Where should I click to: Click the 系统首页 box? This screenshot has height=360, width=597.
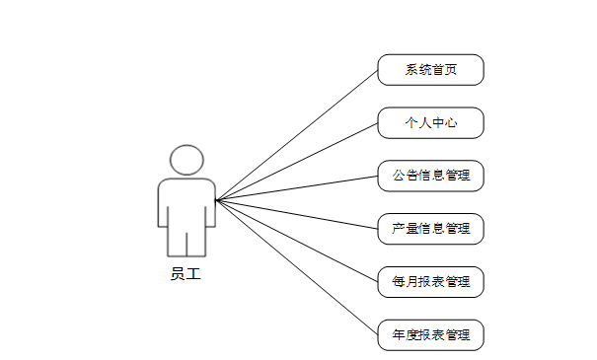tap(430, 70)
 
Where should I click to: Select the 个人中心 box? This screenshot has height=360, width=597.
tap(430, 123)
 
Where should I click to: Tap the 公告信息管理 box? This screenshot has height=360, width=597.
tap(430, 176)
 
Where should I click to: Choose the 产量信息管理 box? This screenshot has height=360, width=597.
tap(430, 229)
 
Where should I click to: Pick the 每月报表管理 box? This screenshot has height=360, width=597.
tap(430, 282)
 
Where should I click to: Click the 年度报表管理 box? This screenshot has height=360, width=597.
tap(430, 335)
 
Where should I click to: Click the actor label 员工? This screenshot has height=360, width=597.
tap(186, 274)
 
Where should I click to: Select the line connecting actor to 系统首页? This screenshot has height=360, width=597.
tap(297, 135)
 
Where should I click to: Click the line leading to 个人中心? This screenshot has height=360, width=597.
tap(297, 162)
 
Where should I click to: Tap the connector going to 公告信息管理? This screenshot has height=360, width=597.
tap(297, 188)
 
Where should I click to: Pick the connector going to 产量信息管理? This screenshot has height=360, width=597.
tap(297, 215)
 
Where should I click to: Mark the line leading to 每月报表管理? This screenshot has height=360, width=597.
tap(297, 241)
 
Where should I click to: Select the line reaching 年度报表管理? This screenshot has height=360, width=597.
tap(297, 267)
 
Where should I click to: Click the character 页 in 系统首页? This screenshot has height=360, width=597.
tap(450, 70)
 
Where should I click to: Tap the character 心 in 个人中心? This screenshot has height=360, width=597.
tap(450, 123)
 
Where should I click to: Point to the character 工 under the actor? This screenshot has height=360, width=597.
tap(193, 274)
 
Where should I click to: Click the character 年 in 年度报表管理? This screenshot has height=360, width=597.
tap(399, 335)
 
